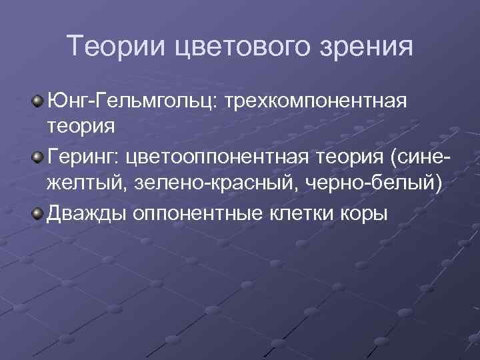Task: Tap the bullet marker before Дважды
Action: (39, 213)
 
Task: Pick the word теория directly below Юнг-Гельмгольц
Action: (80, 125)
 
